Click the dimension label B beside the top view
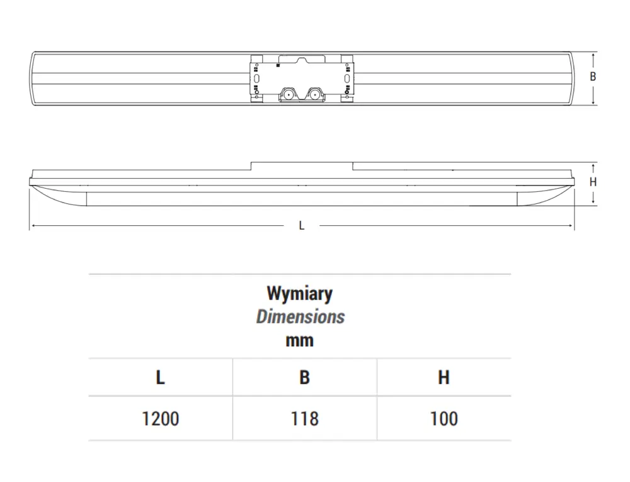tap(593, 77)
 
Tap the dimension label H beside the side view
tap(593, 182)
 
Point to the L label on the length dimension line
tap(302, 225)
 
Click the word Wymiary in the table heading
tap(299, 293)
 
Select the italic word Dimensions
tap(300, 316)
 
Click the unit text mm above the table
tap(299, 340)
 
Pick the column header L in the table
tap(161, 378)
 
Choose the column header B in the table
tap(305, 378)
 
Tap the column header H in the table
tap(444, 378)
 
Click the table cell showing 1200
tap(161, 418)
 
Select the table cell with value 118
tap(305, 418)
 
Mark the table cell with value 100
tap(444, 418)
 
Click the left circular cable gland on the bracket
tap(288, 94)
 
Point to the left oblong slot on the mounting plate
tap(258, 78)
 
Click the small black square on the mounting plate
tap(278, 64)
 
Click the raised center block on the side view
tap(302, 167)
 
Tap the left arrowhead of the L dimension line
tap(32, 225)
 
